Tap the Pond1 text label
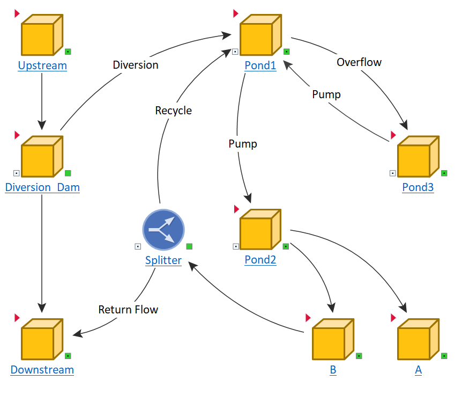(x=260, y=66)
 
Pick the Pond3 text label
(x=418, y=187)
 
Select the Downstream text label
(x=42, y=370)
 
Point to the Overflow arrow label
(x=359, y=62)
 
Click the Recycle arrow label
(x=173, y=111)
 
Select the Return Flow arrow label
(x=128, y=309)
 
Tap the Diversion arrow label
(x=136, y=65)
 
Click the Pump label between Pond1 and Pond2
(x=242, y=144)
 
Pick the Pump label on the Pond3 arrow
(x=326, y=94)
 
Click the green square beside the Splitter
(x=189, y=246)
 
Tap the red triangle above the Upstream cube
(x=18, y=13)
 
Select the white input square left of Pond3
(x=392, y=173)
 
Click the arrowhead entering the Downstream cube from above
(x=42, y=308)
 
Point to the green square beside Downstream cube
(x=68, y=356)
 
